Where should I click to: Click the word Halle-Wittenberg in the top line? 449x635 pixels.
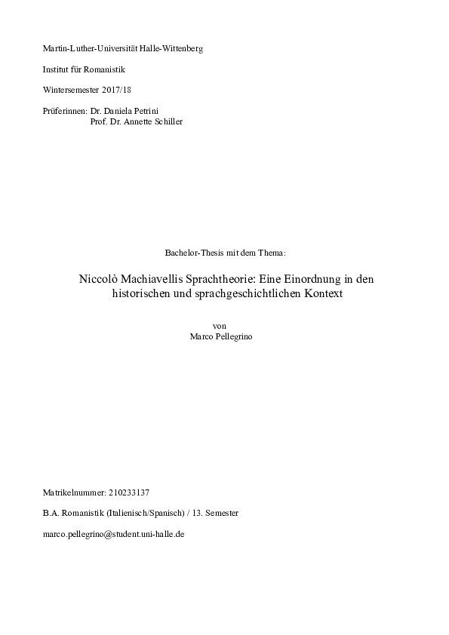pyautogui.click(x=172, y=48)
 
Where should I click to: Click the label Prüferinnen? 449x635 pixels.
pyautogui.click(x=65, y=111)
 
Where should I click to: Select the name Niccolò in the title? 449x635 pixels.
pyautogui.click(x=97, y=278)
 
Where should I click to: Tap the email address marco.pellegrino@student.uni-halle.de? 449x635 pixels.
pyautogui.click(x=115, y=533)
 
